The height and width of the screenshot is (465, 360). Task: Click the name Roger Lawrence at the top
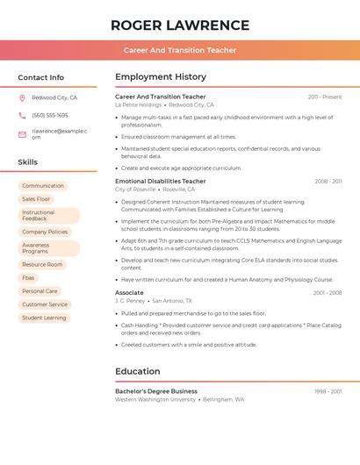180,25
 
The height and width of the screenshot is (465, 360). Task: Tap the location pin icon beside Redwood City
23,97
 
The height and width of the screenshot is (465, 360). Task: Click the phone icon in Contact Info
23,115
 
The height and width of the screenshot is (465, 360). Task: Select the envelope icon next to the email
23,133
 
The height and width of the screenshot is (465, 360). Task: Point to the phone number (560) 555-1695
50,115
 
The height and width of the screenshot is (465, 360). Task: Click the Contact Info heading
41,77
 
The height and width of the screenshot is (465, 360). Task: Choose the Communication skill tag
43,186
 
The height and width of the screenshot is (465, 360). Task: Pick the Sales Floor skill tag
37,199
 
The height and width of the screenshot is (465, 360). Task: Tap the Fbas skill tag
29,277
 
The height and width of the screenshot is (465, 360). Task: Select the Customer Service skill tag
45,304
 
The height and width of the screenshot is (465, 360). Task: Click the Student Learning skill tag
44,318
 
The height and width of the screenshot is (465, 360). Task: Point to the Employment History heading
161,77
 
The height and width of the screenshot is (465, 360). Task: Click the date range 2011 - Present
325,97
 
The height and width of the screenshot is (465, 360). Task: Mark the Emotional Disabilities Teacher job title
161,181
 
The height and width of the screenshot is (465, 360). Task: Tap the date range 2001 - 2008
328,292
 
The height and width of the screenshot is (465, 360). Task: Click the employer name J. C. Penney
129,300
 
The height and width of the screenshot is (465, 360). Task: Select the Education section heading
137,371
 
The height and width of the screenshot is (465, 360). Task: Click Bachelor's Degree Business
156,391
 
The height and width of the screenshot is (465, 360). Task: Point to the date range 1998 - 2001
328,391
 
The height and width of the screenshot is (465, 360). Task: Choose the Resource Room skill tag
42,264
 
